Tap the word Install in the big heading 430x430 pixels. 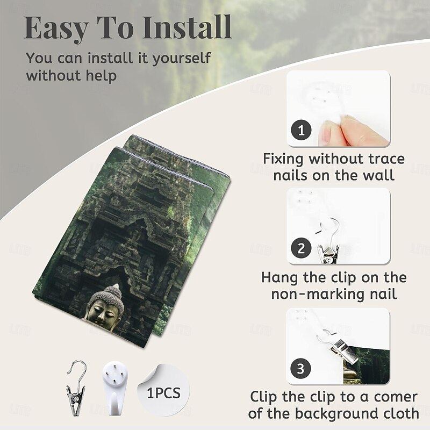(x=187, y=27)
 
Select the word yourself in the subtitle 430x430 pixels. (x=182, y=59)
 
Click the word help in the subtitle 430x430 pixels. (x=102, y=75)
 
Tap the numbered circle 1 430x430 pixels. (x=301, y=130)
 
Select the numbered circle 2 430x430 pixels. (x=301, y=248)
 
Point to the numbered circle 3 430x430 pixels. (x=301, y=369)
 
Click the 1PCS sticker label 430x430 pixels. (x=164, y=393)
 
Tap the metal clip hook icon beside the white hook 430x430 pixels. (x=76, y=387)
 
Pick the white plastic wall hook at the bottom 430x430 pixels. (x=115, y=388)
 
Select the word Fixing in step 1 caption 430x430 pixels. (x=283, y=159)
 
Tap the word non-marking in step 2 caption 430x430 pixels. (x=318, y=294)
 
